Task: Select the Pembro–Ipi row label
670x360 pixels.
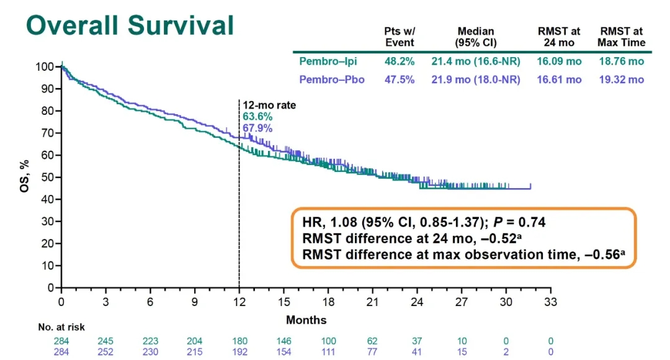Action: [328, 61]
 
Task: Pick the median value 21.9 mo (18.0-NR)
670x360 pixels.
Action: [476, 79]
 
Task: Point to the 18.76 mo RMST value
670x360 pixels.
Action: [621, 61]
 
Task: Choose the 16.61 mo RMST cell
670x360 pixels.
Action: [560, 79]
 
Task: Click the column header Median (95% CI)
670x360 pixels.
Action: [476, 37]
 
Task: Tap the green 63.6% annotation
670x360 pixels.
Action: [257, 117]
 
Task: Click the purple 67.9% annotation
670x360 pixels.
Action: [257, 128]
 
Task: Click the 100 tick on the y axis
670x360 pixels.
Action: [44, 66]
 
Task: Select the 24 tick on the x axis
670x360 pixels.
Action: [417, 302]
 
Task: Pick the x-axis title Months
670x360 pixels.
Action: [306, 320]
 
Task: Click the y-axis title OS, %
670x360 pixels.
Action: [25, 177]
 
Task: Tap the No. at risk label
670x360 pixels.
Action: [61, 327]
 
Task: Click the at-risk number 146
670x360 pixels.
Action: [284, 341]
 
